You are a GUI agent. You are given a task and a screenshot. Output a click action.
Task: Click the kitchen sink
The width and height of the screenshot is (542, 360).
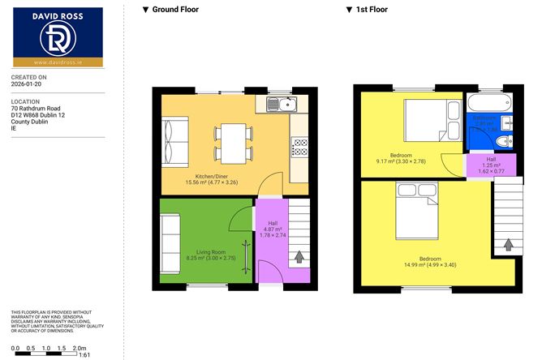(x=280, y=104)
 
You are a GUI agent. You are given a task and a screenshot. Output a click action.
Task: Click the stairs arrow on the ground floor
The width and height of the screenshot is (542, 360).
(x=299, y=257)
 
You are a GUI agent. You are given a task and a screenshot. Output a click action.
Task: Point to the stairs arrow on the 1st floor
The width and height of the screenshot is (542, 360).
(x=508, y=243)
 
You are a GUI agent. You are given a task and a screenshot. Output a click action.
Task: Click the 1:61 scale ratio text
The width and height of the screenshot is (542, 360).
(x=84, y=354)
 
